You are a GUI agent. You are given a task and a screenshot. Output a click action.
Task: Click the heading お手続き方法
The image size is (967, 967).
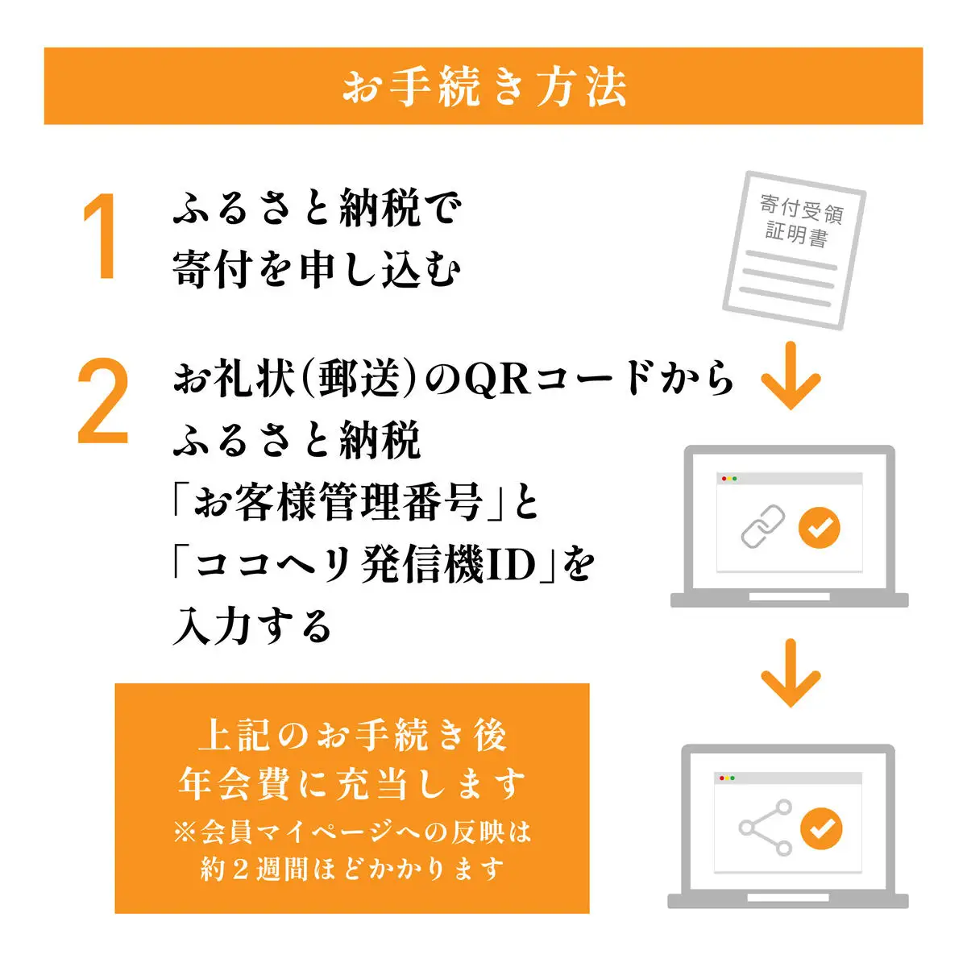pos(483,86)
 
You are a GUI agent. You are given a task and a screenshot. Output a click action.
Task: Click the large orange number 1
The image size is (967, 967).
pos(101,238)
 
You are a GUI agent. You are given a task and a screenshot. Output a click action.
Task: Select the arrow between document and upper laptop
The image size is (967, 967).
pos(790,376)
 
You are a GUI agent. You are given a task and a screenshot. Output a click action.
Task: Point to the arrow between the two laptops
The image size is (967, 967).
pos(790,673)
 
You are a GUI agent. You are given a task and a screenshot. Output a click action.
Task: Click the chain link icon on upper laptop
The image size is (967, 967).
pos(762,527)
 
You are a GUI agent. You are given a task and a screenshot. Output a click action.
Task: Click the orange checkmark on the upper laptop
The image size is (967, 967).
pos(819,528)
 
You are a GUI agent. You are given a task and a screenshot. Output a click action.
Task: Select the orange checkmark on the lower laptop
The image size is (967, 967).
pos(820,828)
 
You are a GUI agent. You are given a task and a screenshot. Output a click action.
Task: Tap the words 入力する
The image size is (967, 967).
pos(252,626)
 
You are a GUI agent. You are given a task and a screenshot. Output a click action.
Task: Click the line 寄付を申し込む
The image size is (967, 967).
pos(317,268)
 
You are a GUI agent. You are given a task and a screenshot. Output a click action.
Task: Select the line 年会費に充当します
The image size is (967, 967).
pos(352,784)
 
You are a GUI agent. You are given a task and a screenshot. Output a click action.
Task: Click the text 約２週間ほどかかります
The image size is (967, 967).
pos(352,869)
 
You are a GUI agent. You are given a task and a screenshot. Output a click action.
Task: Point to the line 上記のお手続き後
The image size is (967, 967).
pos(352,736)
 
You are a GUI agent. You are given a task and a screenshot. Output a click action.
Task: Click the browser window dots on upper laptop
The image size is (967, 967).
pos(729,479)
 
